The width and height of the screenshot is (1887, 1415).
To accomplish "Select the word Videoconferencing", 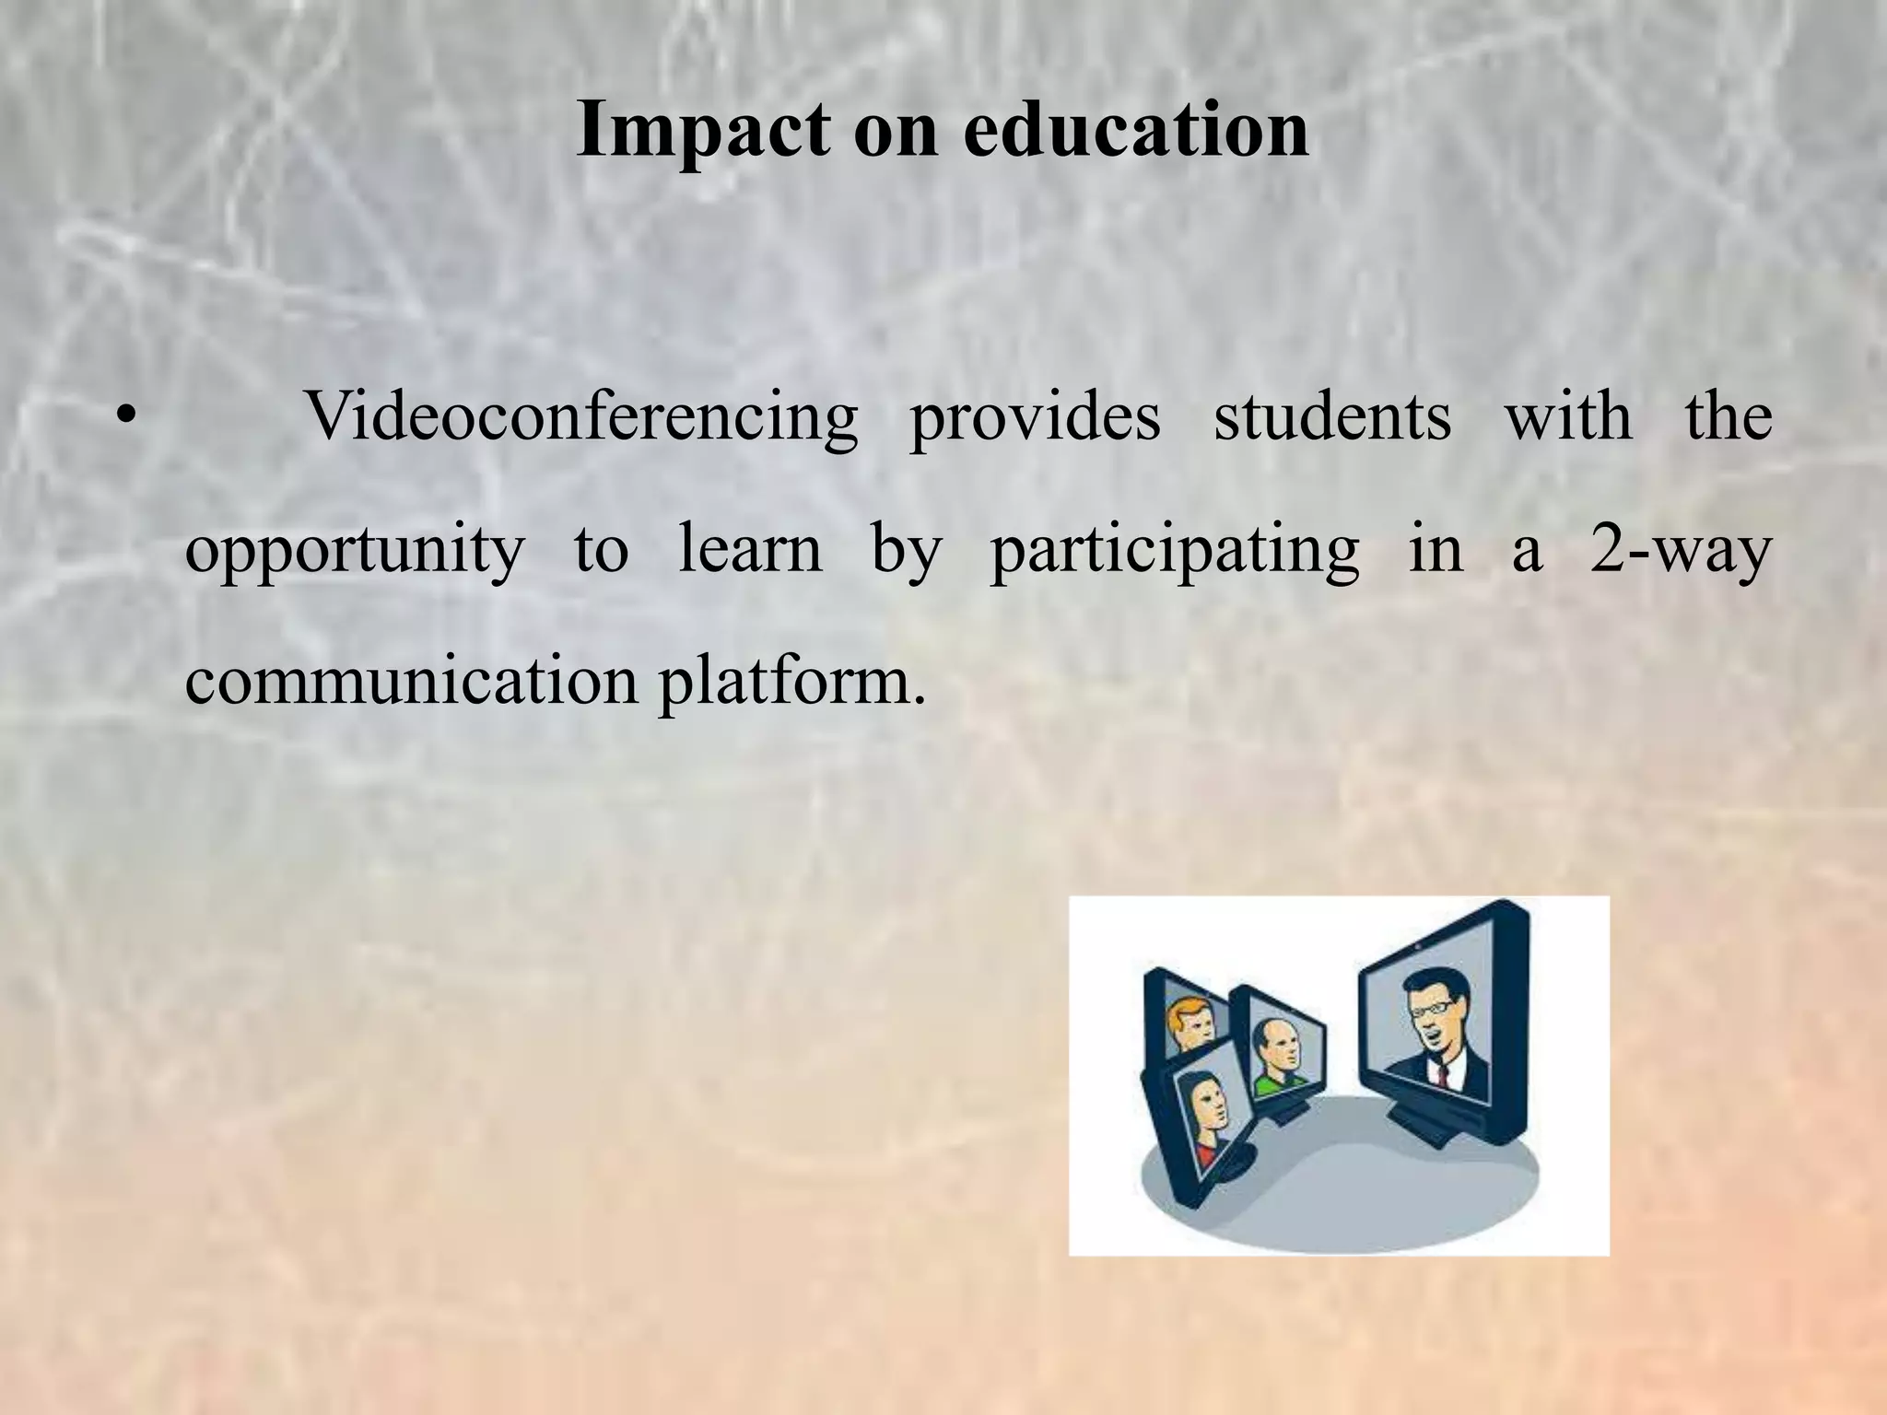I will pyautogui.click(x=581, y=417).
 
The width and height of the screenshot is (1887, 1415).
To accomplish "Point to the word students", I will pyautogui.click(x=1331, y=417).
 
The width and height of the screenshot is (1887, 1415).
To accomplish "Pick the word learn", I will pyautogui.click(x=749, y=550).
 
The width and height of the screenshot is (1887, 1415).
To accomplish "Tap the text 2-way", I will pyautogui.click(x=1680, y=551).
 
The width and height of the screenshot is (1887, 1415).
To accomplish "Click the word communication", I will pyautogui.click(x=411, y=682).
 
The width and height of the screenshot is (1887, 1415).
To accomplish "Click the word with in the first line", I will pyautogui.click(x=1567, y=417).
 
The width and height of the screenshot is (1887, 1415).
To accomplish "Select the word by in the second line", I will pyautogui.click(x=906, y=551).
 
